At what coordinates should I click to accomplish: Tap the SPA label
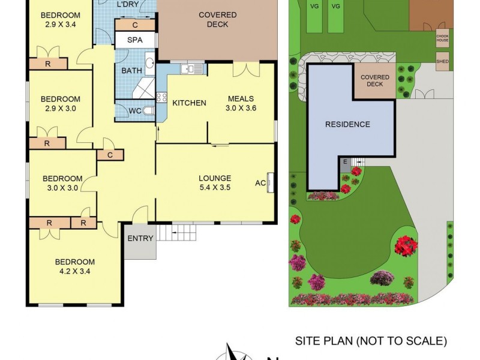[x=135, y=40]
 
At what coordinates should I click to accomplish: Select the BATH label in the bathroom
[x=131, y=70]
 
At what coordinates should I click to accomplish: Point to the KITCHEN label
[x=189, y=103]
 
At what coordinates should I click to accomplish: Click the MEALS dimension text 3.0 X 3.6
[x=241, y=109]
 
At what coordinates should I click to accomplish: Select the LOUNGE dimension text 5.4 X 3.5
[x=215, y=187]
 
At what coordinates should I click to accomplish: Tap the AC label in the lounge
[x=260, y=183]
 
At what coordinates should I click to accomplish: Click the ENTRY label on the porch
[x=140, y=238]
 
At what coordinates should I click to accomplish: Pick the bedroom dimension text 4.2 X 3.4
[x=75, y=271]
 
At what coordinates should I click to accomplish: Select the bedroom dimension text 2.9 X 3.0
[x=60, y=109]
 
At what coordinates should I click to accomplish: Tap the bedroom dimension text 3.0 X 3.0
[x=62, y=188]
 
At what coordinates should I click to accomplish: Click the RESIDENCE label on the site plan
[x=347, y=125]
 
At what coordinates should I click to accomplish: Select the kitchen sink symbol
[x=190, y=70]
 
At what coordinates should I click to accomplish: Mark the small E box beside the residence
[x=346, y=161]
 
